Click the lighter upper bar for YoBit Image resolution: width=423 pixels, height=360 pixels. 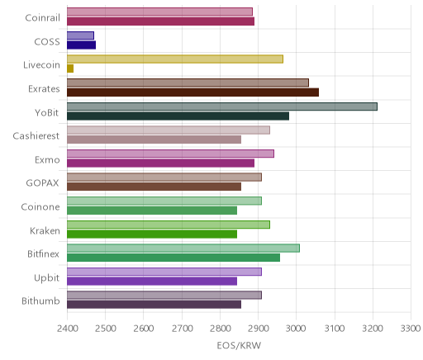(x=222, y=107)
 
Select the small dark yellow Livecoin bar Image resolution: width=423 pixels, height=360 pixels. (x=70, y=69)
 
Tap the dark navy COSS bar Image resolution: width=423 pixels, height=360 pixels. (x=81, y=45)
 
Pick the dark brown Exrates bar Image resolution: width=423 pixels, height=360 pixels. (x=192, y=92)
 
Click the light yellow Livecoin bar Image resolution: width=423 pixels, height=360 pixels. (x=175, y=59)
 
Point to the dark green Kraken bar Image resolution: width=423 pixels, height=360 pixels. (x=152, y=234)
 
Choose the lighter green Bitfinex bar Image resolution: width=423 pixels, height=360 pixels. (x=183, y=248)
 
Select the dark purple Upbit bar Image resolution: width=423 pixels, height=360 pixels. (x=152, y=282)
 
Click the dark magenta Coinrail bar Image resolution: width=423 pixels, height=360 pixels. (x=160, y=21)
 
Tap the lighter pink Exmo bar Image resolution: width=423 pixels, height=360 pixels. (x=170, y=154)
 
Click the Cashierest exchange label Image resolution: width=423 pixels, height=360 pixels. (x=36, y=136)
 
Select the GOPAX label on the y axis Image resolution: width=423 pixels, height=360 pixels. (x=42, y=183)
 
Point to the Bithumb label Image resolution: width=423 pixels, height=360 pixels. (x=40, y=301)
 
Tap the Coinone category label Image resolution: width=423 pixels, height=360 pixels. (x=40, y=207)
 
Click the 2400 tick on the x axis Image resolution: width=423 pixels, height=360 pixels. (x=68, y=329)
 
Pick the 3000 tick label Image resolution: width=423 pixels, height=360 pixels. (x=296, y=329)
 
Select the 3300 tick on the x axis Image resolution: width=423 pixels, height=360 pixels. (x=411, y=329)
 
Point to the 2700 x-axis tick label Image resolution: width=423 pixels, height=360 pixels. (x=182, y=329)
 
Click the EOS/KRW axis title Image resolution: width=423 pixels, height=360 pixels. (x=239, y=346)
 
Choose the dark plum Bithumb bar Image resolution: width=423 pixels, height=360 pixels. (x=154, y=305)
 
